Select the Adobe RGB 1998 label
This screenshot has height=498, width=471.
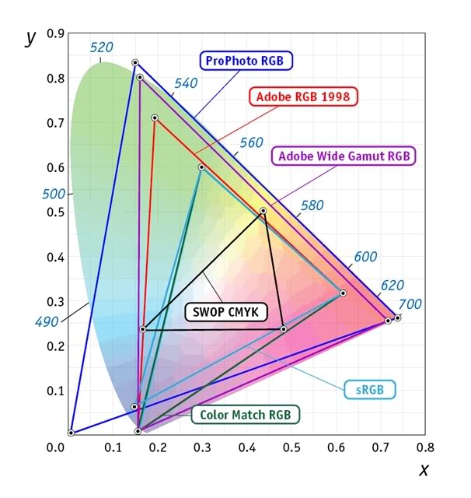303,97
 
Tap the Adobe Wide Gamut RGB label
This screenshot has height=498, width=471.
344,156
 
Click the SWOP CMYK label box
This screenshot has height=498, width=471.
225,312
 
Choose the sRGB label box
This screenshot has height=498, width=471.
370,389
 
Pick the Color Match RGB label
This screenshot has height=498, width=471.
245,415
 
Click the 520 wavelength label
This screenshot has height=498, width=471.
102,47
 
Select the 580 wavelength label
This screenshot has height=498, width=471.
312,206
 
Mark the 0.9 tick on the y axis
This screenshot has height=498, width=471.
54,34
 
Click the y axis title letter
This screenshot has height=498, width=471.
30,37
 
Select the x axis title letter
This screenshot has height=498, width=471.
424,469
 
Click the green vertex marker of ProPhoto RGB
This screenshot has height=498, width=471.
135,62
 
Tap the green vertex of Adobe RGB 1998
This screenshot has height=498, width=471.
155,118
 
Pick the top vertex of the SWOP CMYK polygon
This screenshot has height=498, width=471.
263,211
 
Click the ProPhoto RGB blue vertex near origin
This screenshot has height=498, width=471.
71,433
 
